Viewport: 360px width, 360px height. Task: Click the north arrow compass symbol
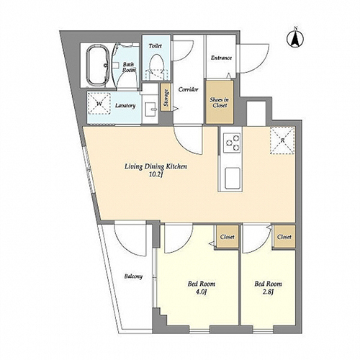pyautogui.click(x=295, y=38)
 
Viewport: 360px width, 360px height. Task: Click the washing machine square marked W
pyautogui.click(x=99, y=104)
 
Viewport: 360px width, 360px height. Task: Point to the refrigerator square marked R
pyautogui.click(x=282, y=140)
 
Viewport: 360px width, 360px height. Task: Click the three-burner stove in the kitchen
pyautogui.click(x=232, y=142)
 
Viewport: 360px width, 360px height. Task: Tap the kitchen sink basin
pyautogui.click(x=233, y=178)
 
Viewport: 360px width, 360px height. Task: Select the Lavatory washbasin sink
pyautogui.click(x=150, y=109)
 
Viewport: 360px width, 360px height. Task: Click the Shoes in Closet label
pyautogui.click(x=219, y=102)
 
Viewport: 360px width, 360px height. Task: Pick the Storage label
pyautogui.click(x=166, y=98)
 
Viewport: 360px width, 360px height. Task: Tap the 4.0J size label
pyautogui.click(x=201, y=292)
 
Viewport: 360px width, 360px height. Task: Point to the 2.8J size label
pyautogui.click(x=268, y=292)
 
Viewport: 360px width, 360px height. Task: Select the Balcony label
pyautogui.click(x=133, y=276)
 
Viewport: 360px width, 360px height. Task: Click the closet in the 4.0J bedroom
pyautogui.click(x=228, y=237)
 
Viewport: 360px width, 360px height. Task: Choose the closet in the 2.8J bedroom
pyautogui.click(x=284, y=237)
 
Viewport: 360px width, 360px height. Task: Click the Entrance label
pyautogui.click(x=221, y=58)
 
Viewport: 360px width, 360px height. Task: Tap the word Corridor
pyautogui.click(x=188, y=89)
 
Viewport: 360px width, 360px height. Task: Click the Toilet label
pyautogui.click(x=155, y=45)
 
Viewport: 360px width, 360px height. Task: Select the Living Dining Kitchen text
pyautogui.click(x=156, y=166)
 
